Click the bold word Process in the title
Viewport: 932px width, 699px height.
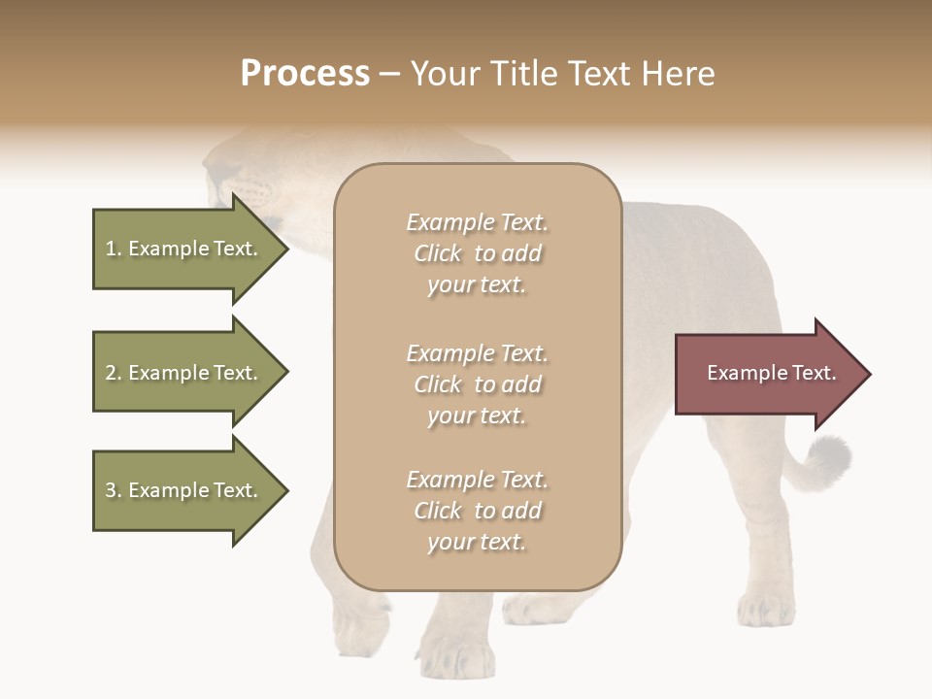tap(305, 74)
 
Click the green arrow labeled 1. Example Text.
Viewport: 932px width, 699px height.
tap(182, 249)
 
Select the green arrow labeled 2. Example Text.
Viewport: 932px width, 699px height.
tap(182, 373)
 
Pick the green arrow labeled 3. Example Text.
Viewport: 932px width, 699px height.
tap(182, 490)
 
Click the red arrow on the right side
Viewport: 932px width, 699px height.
tap(762, 374)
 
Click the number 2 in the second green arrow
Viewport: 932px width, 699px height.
tap(111, 373)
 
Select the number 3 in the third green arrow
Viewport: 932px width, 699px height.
tap(111, 490)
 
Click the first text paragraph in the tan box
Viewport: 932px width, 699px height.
tap(477, 253)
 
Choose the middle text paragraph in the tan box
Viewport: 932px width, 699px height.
tap(477, 384)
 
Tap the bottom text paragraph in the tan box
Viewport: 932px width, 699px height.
tap(477, 511)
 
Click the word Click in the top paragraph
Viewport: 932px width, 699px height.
tap(438, 253)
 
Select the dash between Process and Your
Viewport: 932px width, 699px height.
tap(389, 75)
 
